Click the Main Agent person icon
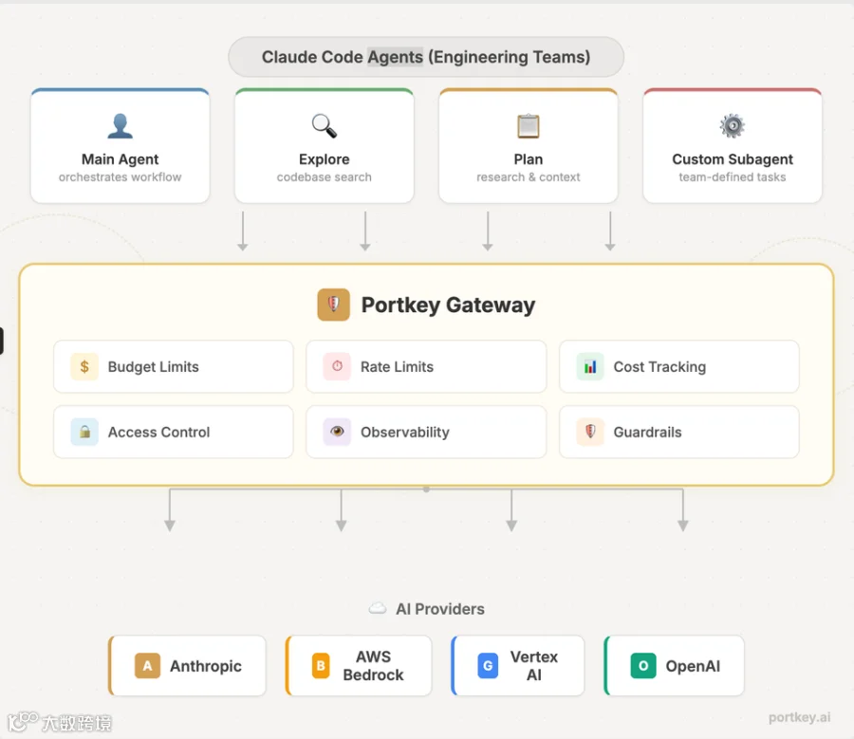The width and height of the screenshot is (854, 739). click(x=120, y=126)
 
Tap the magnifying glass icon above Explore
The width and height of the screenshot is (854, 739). click(x=325, y=126)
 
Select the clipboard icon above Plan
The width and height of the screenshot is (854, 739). click(x=529, y=126)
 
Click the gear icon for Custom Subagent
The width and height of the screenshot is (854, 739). click(x=732, y=126)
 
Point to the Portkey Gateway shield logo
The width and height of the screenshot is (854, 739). click(x=333, y=305)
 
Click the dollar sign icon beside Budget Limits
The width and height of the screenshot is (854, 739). click(x=84, y=366)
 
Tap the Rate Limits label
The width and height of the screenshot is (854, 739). click(x=397, y=367)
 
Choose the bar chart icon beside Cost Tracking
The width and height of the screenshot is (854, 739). click(x=590, y=366)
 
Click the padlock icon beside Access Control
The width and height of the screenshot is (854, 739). click(x=84, y=432)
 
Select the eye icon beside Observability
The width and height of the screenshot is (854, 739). click(x=337, y=432)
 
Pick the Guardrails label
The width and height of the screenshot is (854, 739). click(x=647, y=433)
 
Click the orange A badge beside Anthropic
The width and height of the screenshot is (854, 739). click(x=148, y=666)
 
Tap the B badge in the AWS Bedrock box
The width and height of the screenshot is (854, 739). click(x=321, y=666)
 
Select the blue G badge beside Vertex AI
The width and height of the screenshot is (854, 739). click(x=488, y=666)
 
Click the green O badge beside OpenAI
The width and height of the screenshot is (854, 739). click(x=643, y=666)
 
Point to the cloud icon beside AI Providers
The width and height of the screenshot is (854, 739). click(x=378, y=608)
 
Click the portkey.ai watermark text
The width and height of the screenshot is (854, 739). click(x=800, y=717)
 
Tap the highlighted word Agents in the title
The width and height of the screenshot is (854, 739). click(x=396, y=57)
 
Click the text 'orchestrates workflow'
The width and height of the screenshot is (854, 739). click(x=120, y=177)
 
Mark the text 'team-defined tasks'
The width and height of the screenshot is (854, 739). click(x=732, y=177)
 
